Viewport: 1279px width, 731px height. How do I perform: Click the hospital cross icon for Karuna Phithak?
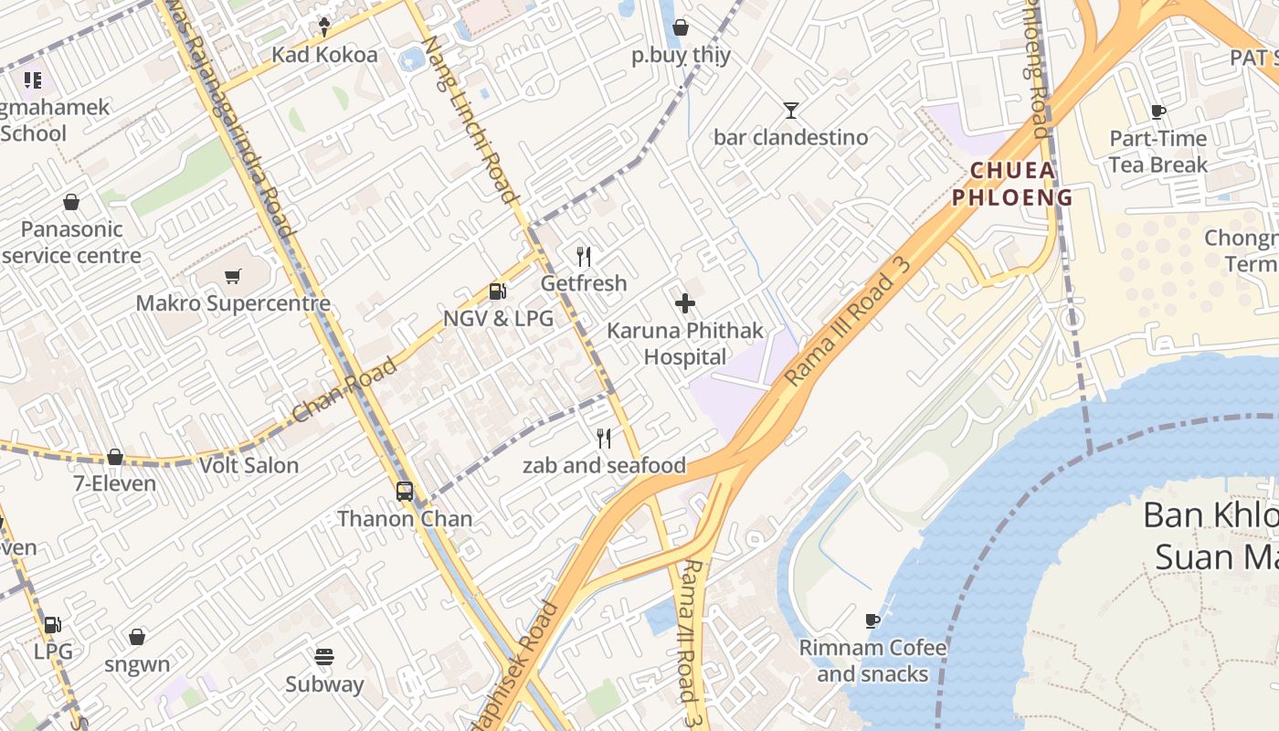click(x=685, y=303)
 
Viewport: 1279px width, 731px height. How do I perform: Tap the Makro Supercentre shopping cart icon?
click(x=233, y=276)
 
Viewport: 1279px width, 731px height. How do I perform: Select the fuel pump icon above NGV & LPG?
click(x=498, y=291)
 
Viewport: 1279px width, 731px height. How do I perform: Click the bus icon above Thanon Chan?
click(x=405, y=492)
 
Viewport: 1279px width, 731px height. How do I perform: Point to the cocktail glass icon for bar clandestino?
click(x=791, y=111)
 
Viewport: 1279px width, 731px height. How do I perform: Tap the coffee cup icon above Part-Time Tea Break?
click(x=1158, y=112)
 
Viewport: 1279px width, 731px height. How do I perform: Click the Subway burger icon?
click(x=324, y=657)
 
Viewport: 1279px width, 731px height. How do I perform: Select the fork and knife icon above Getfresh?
click(x=585, y=257)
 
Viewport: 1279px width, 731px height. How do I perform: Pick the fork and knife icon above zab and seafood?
click(x=604, y=439)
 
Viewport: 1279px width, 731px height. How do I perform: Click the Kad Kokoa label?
click(x=324, y=55)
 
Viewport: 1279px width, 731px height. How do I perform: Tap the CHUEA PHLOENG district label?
click(x=1012, y=184)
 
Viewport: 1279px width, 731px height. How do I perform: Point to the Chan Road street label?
click(x=345, y=390)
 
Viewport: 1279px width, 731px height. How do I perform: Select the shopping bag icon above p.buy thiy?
click(x=681, y=28)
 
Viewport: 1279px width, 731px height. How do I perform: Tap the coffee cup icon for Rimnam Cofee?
click(x=872, y=621)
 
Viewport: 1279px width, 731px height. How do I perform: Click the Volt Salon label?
click(x=249, y=465)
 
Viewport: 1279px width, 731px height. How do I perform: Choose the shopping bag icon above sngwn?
click(x=137, y=637)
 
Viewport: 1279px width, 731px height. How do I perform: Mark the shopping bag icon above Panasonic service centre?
click(x=71, y=202)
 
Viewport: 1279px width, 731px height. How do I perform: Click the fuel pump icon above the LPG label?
click(x=53, y=625)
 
